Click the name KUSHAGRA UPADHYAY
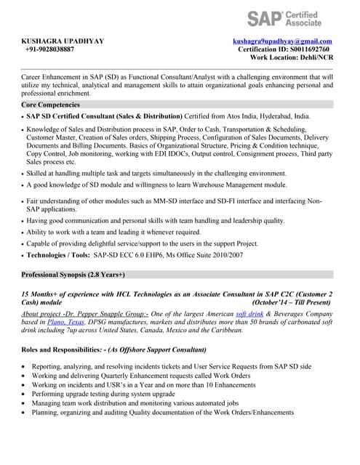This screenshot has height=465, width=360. pyautogui.click(x=63, y=41)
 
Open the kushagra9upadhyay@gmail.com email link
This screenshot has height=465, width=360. pyautogui.click(x=282, y=41)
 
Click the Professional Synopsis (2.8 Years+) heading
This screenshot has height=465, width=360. pyautogui.click(x=73, y=275)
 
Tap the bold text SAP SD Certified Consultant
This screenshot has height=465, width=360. pyautogui.click(x=72, y=116)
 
